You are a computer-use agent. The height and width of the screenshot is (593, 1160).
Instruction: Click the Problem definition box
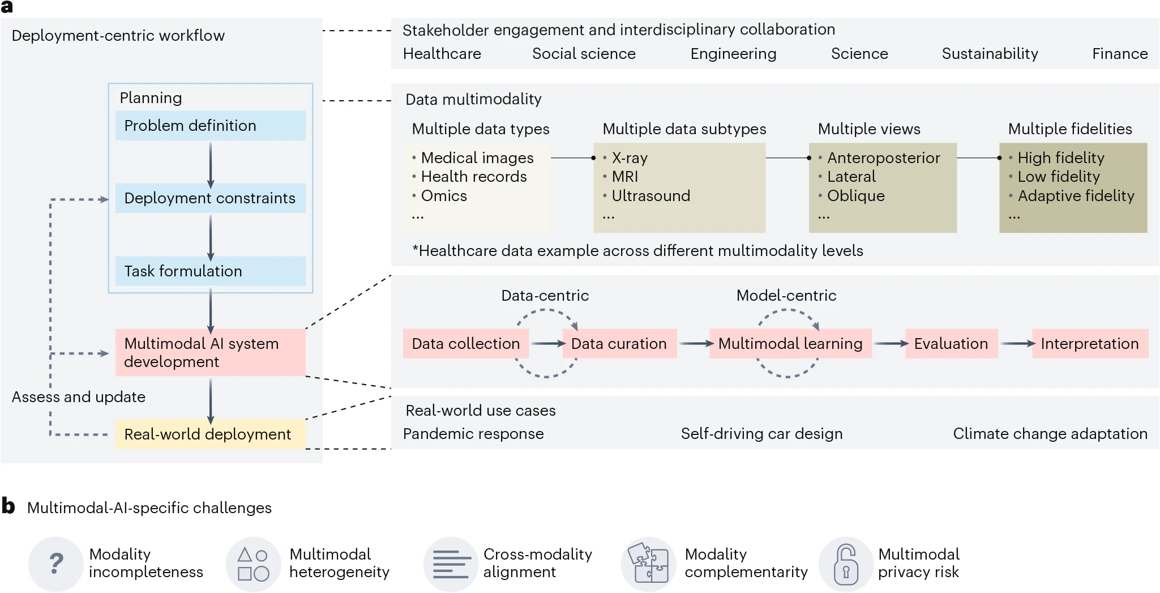point(210,126)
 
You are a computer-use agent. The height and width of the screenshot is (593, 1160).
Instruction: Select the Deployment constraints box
point(210,198)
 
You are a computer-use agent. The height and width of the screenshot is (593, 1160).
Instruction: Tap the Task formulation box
point(210,271)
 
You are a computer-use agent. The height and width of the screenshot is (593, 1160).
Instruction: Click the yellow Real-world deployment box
point(210,434)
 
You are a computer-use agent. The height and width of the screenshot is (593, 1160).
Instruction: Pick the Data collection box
point(465,344)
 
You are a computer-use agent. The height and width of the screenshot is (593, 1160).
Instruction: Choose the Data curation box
point(619,344)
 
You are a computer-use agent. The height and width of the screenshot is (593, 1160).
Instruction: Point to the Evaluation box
point(951,344)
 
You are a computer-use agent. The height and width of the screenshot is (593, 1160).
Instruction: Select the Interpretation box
point(1090,344)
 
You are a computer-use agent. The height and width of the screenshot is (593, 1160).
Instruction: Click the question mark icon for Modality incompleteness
point(55,564)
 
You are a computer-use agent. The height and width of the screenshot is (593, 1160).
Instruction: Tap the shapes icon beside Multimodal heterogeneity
point(253,564)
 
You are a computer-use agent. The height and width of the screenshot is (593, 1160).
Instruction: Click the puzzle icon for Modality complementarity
point(649,564)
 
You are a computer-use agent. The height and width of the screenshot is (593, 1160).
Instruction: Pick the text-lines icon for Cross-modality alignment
point(451,564)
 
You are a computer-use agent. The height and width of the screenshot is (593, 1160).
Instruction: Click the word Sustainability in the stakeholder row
point(990,54)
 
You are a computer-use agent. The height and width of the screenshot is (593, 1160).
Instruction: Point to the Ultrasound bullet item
point(650,196)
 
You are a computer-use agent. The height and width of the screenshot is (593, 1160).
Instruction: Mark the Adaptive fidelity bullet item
point(1076,196)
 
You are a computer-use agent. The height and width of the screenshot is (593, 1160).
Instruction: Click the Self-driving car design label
point(761,434)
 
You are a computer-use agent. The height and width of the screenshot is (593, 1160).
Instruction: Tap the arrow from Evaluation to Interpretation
point(1017,344)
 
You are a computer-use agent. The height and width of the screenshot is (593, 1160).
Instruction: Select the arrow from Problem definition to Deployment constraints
point(211,164)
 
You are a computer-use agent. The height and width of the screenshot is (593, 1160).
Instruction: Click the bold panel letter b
point(8,506)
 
